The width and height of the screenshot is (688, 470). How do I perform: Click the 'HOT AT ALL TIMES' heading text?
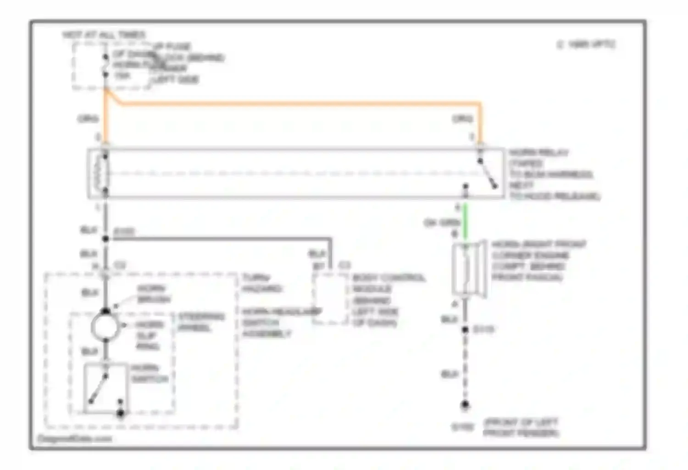104,35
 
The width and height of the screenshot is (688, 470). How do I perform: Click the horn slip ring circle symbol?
105,326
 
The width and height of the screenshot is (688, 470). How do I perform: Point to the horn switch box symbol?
105,388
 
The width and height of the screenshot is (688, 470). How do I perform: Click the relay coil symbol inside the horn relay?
102,173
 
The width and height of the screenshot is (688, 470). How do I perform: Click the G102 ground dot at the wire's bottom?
465,405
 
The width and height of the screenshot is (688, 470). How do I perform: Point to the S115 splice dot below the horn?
465,330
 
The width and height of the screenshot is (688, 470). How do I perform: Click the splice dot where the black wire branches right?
105,239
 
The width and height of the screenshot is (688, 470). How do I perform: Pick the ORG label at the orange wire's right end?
462,119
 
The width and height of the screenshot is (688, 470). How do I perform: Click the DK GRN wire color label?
441,223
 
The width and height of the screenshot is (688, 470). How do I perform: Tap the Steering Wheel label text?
201,322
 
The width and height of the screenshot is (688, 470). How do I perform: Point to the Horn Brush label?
153,294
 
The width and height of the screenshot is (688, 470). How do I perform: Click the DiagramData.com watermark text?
74,439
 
